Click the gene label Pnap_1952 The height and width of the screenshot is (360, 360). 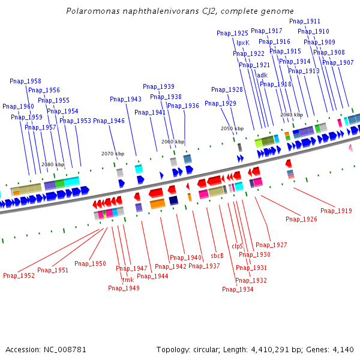pyautogui.click(x=19, y=275)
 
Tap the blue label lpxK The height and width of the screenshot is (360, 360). pyautogui.click(x=242, y=43)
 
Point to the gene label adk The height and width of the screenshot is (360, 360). pyautogui.click(x=262, y=75)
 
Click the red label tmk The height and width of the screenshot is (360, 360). pyautogui.click(x=128, y=280)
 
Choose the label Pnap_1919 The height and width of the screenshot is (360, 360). pyautogui.click(x=336, y=211)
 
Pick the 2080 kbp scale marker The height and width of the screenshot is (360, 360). pyautogui.click(x=52, y=164)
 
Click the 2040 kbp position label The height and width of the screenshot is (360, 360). pyautogui.click(x=292, y=114)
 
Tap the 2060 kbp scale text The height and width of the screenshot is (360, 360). pyautogui.click(x=172, y=142)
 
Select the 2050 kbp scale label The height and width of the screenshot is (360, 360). pyautogui.click(x=232, y=128)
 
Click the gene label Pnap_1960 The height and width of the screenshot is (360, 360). pyautogui.click(x=18, y=106)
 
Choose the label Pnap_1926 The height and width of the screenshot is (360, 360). pyautogui.click(x=301, y=219)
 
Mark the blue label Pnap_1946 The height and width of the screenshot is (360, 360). pyautogui.click(x=109, y=121)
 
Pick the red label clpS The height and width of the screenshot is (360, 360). pyautogui.click(x=237, y=246)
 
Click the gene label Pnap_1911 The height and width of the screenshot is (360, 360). pyautogui.click(x=305, y=21)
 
